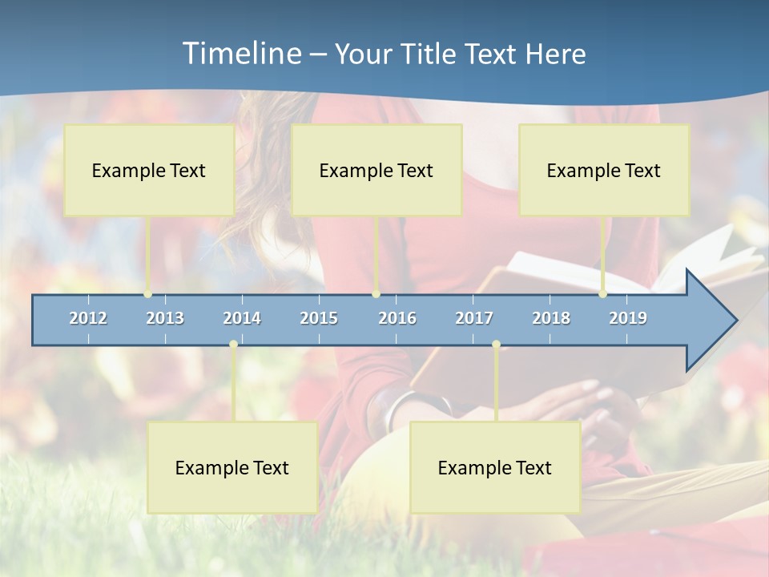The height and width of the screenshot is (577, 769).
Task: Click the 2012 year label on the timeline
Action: tap(88, 319)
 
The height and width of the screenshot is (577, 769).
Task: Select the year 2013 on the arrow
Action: tap(165, 319)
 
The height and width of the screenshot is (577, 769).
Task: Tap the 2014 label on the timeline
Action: tap(242, 319)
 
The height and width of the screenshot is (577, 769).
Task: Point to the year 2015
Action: tap(319, 319)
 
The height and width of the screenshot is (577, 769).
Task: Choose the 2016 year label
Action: tap(397, 319)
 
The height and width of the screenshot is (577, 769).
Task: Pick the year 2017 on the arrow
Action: tap(474, 319)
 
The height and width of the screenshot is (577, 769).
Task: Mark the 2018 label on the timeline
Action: tap(551, 319)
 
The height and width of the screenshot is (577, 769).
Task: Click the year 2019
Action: tap(628, 319)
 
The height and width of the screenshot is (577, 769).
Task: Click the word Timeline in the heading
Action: tap(240, 54)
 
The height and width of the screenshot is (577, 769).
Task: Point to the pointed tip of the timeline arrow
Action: tap(735, 321)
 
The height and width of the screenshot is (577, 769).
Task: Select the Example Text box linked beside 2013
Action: tap(149, 171)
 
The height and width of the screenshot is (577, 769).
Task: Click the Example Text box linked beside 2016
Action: tap(376, 171)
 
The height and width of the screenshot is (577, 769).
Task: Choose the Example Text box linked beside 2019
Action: tap(604, 171)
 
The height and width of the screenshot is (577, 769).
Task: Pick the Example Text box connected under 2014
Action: tap(232, 468)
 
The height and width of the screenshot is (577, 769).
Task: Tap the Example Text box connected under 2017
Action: tap(495, 468)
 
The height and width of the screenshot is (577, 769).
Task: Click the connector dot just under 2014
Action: tap(233, 345)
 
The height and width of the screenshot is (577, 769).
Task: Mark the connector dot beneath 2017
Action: tap(496, 345)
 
